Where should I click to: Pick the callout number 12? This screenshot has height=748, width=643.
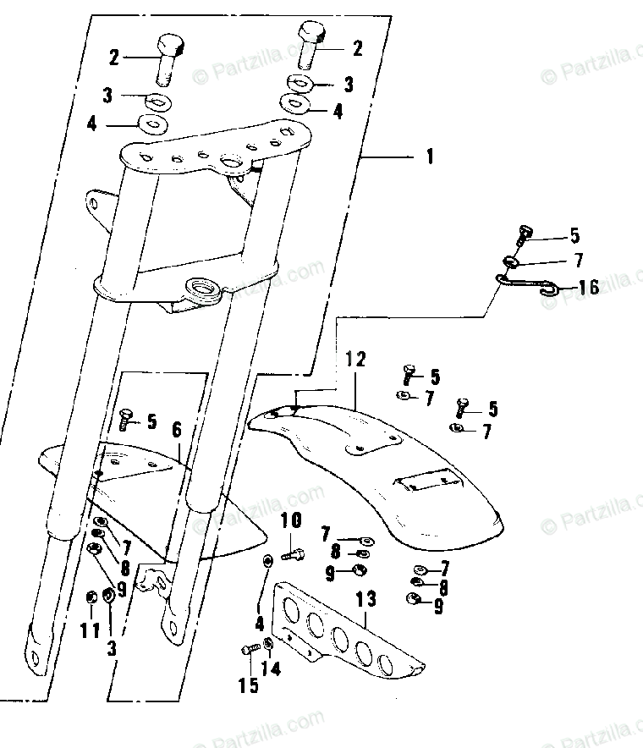355,359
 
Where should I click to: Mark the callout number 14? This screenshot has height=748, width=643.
270,669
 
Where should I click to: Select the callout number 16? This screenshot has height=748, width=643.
588,289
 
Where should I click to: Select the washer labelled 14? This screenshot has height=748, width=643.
268,646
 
